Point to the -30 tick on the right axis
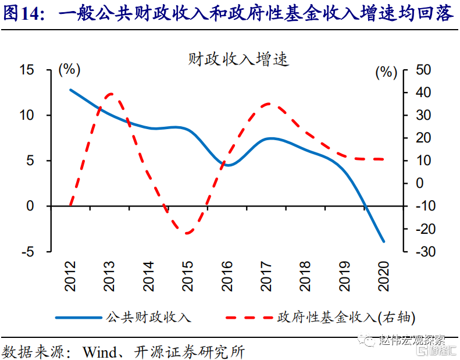pyautogui.click(x=422, y=252)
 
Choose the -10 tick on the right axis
pyautogui.click(x=422, y=206)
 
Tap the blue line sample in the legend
pyautogui.click(x=79, y=318)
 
